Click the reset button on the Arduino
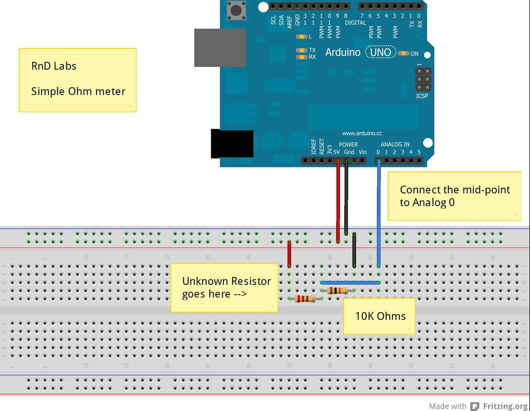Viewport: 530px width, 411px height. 236,10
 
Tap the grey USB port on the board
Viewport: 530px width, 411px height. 220,48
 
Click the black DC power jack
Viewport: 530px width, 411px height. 232,144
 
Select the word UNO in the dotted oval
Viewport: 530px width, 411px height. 381,52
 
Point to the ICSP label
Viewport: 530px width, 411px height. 422,96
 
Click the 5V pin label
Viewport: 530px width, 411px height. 337,152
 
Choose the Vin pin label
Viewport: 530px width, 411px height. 363,152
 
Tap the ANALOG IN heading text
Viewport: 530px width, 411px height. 395,144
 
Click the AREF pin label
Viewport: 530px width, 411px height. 290,22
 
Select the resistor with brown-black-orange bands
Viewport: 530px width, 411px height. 338,291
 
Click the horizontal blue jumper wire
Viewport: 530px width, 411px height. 350,283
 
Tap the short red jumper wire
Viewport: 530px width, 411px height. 289,254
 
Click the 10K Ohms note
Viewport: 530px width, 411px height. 380,316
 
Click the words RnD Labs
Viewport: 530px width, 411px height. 54,66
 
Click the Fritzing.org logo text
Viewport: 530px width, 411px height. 505,406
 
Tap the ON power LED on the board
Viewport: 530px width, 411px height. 403,53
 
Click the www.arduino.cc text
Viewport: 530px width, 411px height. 362,133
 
